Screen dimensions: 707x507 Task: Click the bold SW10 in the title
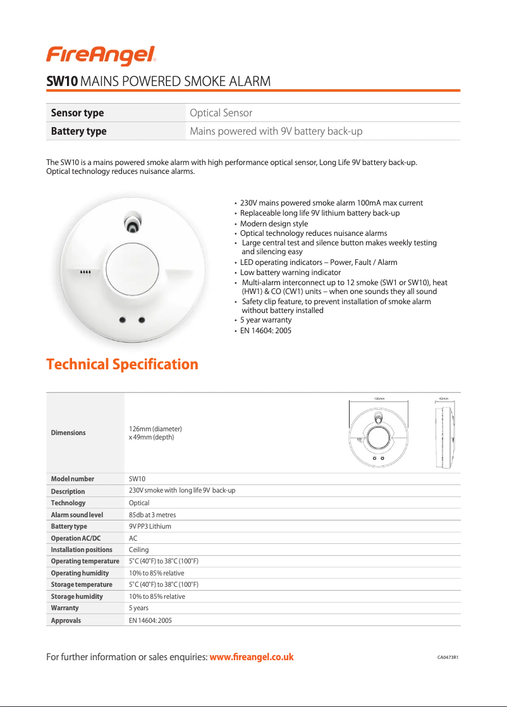pos(62,82)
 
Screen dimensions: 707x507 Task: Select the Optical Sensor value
pos(221,113)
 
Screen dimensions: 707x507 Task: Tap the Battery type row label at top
pos(78,132)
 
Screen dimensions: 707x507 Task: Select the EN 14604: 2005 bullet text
pos(266,331)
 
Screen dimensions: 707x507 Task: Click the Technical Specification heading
pos(122,364)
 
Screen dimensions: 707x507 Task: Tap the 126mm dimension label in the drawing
pos(379,399)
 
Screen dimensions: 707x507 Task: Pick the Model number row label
pos(72,479)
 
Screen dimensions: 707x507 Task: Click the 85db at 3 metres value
pos(152,515)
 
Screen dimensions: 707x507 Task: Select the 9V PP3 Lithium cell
pos(150,526)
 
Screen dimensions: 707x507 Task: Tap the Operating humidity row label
pos(80,573)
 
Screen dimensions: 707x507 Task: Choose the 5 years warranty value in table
pos(138,608)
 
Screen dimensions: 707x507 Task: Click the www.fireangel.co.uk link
pos(251,657)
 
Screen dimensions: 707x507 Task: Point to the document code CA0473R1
pos(448,658)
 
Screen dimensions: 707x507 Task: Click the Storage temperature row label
pos(82,584)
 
